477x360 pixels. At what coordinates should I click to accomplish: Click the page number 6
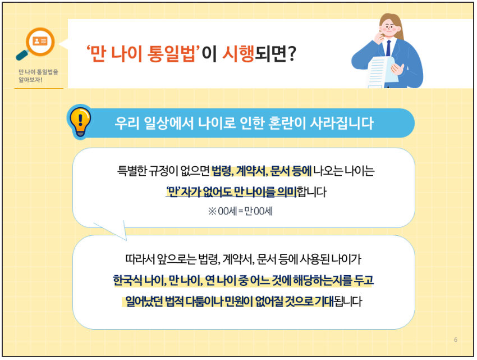pyautogui.click(x=455, y=340)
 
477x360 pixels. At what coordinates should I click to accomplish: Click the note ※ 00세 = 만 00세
pyautogui.click(x=240, y=212)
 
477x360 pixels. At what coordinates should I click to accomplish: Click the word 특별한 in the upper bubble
pyautogui.click(x=135, y=170)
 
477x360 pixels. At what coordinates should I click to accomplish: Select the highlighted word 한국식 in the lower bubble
pyautogui.click(x=128, y=280)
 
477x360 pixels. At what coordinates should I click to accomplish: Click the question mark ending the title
pyautogui.click(x=291, y=54)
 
